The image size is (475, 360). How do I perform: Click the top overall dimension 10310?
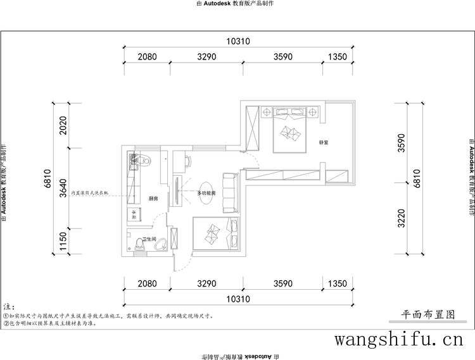[237, 41]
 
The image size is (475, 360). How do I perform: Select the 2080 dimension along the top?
[147, 57]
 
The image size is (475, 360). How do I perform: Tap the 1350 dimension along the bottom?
[338, 285]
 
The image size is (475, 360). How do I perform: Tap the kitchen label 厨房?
[153, 199]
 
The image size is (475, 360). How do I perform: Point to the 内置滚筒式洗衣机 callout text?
[90, 192]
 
